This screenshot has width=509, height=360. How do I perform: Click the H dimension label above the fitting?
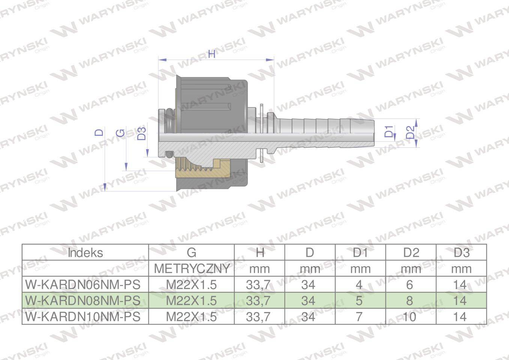[212, 54]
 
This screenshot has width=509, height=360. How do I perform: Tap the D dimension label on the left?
[99, 132]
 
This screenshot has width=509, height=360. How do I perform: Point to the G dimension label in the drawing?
[121, 133]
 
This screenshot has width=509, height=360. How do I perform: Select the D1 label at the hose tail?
[389, 132]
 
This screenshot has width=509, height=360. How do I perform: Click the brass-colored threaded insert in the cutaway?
[203, 169]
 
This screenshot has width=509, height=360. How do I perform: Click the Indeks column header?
[86, 253]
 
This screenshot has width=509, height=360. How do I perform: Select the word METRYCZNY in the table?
[192, 269]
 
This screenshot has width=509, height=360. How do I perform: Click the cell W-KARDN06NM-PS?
[83, 285]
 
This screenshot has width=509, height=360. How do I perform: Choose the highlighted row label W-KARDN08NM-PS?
[83, 301]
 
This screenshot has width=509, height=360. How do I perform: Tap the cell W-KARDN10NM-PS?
[83, 317]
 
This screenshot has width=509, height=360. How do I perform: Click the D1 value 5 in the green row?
[359, 301]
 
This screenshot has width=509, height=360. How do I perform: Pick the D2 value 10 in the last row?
[409, 317]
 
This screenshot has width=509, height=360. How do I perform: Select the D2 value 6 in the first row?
[410, 285]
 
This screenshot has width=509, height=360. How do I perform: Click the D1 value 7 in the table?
[359, 317]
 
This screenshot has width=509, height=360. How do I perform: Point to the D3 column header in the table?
[461, 253]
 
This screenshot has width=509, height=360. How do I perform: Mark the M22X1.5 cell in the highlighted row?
[192, 301]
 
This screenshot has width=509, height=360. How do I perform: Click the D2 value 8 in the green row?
[410, 301]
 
